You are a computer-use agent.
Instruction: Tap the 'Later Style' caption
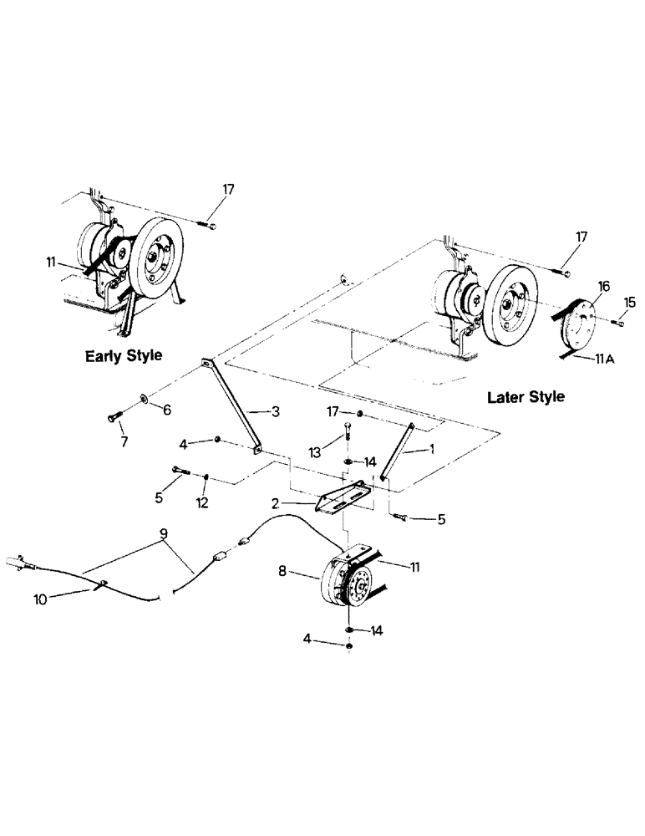pos(525,396)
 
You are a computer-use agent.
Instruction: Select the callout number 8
pos(282,573)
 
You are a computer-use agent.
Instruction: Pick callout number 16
pos(602,286)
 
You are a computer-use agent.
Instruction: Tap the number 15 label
pos(631,300)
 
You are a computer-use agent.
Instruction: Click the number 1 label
pos(431,449)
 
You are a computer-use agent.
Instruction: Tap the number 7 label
pos(124,441)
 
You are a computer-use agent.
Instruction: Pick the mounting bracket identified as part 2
pos(343,499)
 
